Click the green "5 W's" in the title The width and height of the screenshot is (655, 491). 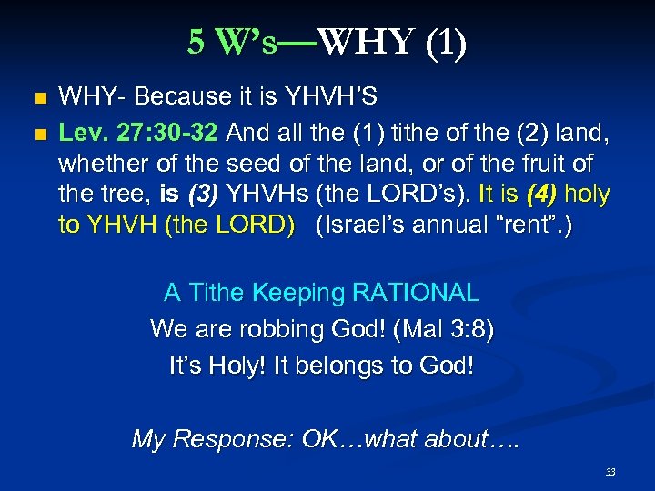[x=233, y=43]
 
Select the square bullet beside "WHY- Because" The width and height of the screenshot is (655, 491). [x=37, y=97]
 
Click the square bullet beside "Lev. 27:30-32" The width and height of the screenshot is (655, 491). [x=37, y=135]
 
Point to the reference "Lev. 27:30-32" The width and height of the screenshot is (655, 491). [x=137, y=134]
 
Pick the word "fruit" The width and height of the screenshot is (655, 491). [x=539, y=164]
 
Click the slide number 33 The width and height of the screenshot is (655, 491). [x=610, y=472]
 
